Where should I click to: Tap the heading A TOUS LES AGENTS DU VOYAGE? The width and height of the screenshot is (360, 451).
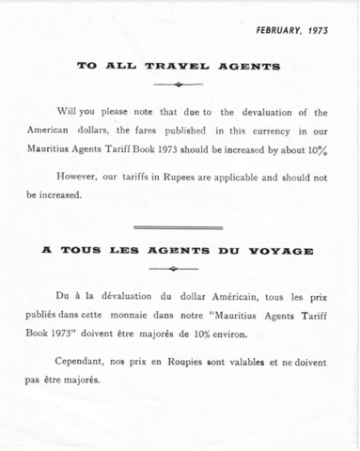click(179, 251)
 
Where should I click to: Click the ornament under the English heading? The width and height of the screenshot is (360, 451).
click(179, 84)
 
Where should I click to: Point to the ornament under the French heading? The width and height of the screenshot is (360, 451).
click(179, 269)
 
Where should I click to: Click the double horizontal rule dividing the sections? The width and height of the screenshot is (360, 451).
click(179, 227)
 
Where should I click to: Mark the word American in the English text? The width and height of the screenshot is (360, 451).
click(52, 132)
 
